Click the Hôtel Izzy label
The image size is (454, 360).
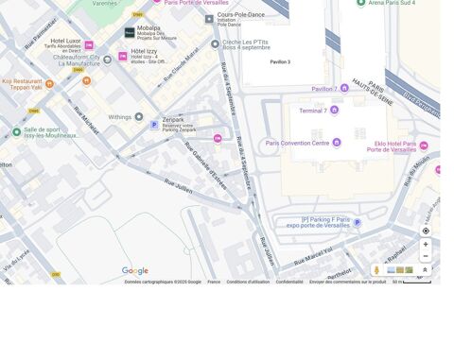point(145,51)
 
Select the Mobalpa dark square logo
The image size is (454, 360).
point(130,33)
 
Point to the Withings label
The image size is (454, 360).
point(119,117)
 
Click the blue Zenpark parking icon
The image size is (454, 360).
point(154,125)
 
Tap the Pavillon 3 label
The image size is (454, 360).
point(280,61)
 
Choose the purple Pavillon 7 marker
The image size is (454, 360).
point(343,88)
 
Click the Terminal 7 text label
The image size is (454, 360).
point(313,111)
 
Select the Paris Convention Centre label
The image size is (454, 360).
point(298,143)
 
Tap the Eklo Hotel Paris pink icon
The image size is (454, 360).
point(423,146)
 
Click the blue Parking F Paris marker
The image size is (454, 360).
point(357,223)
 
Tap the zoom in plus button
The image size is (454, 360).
point(426,244)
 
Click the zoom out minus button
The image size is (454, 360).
point(426,256)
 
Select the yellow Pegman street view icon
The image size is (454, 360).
point(376,270)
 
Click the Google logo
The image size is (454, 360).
point(135,271)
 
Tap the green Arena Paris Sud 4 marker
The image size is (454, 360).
point(359,4)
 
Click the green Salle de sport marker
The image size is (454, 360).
point(17,131)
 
